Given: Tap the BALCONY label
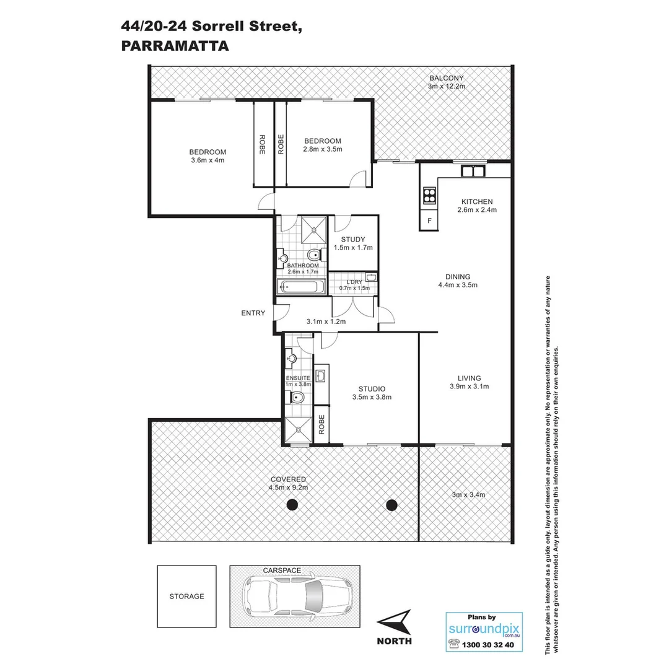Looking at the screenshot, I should coord(446,77).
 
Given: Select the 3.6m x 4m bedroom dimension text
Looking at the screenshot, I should coord(208,160).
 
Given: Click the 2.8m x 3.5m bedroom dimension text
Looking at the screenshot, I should coord(322,149).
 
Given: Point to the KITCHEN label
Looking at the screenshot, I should coord(476,201).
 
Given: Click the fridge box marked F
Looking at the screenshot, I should coord(429,221).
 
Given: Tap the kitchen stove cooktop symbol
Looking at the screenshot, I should coord(429,195).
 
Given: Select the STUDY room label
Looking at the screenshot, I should coord(352,240).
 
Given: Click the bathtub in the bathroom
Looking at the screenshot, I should coord(300,287).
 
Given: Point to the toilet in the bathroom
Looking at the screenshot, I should coord(314,255).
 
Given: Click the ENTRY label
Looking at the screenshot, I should coord(253,313).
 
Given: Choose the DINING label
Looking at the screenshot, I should coord(458,277).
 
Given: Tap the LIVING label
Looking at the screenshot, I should coord(469,378).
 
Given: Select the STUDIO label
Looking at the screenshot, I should coord(372,389).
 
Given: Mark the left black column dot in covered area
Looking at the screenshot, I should coord(292,505).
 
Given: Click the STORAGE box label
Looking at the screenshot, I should coord(186,597).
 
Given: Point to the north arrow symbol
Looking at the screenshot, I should coord(394,621).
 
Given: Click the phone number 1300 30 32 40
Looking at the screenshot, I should coord(488,645).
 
